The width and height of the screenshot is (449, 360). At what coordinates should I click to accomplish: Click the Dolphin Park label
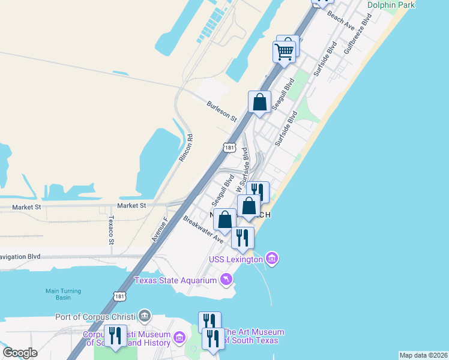pyautogui.click(x=391, y=5)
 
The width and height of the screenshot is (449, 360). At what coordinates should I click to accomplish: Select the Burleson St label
pyautogui.click(x=221, y=109)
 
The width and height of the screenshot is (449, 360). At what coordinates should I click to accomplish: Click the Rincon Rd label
pyautogui.click(x=187, y=147)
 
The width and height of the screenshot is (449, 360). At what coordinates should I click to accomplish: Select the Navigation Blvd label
pyautogui.click(x=20, y=256)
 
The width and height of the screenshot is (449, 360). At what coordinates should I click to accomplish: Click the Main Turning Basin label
pyautogui.click(x=63, y=294)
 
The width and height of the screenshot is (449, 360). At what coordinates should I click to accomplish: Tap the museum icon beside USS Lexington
pyautogui.click(x=272, y=259)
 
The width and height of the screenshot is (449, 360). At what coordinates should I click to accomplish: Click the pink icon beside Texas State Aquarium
pyautogui.click(x=225, y=280)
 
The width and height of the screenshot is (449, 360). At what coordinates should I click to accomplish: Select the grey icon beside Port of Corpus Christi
pyautogui.click(x=144, y=315)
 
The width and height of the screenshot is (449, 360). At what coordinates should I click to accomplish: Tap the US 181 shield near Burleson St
pyautogui.click(x=229, y=147)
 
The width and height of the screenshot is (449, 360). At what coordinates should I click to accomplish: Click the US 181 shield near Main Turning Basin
pyautogui.click(x=119, y=295)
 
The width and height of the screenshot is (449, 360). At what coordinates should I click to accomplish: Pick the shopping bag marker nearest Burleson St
pyautogui.click(x=260, y=102)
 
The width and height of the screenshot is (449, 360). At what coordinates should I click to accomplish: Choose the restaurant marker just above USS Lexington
pyautogui.click(x=243, y=237)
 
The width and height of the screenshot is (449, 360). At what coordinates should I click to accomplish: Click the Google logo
pyautogui.click(x=20, y=353)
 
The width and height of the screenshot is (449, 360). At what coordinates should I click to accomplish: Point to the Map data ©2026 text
pyautogui.click(x=423, y=355)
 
